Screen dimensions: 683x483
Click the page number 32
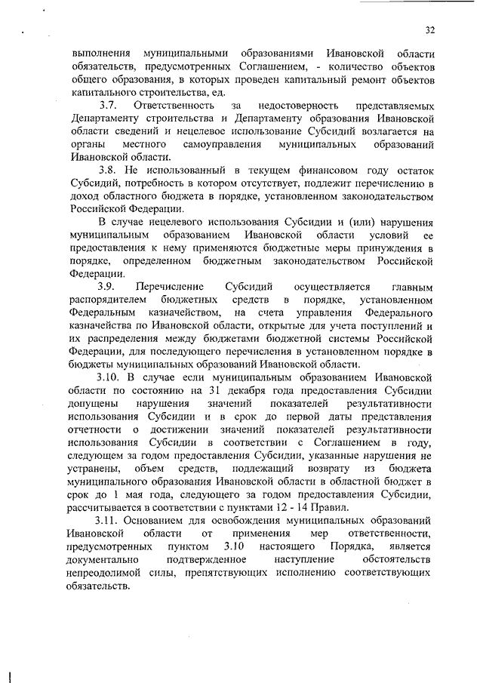(x=429, y=29)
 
